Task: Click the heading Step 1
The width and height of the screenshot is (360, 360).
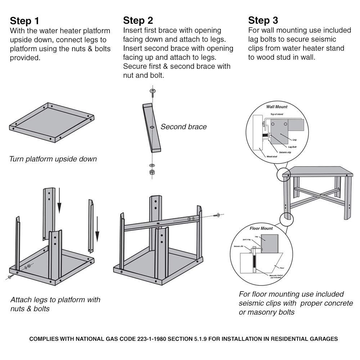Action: coord(24,20)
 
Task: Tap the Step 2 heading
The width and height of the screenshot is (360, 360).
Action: coord(138,20)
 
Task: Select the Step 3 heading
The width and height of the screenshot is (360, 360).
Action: coord(263,20)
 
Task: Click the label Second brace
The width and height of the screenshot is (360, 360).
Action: coord(184,127)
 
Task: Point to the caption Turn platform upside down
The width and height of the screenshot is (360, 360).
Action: coord(53,159)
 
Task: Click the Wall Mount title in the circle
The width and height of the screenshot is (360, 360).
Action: coord(276,107)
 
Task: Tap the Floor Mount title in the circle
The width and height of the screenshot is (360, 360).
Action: coord(261,228)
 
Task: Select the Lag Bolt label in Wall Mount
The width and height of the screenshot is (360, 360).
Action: coord(292,147)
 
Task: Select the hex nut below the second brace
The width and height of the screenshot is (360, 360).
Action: coord(152,171)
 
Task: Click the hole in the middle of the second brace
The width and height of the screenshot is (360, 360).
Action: coord(152,127)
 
